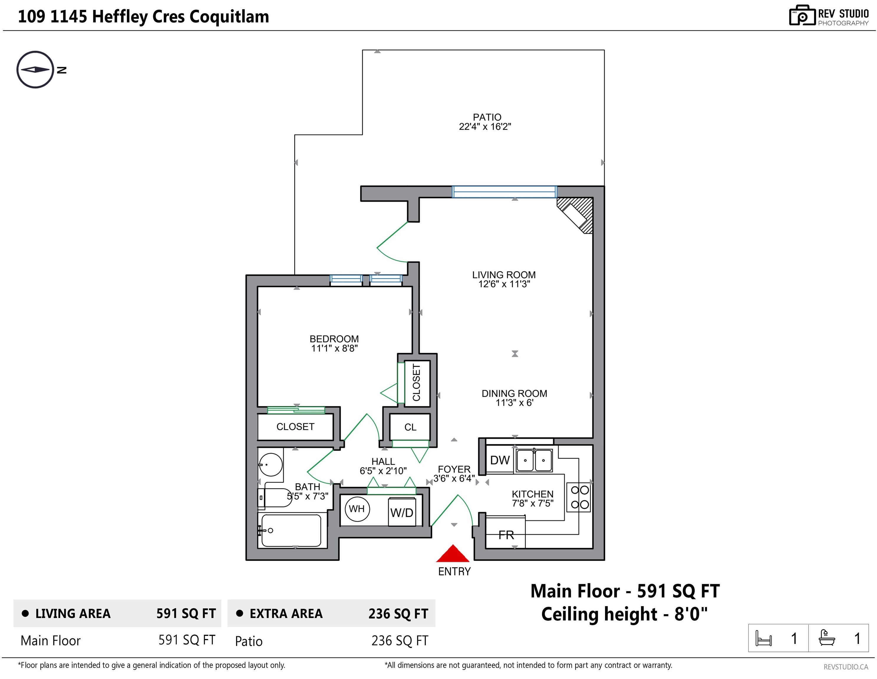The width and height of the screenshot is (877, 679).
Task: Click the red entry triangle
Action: (x=453, y=554)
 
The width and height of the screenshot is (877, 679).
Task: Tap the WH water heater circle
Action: (x=357, y=509)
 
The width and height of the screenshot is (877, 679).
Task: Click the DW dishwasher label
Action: (x=500, y=461)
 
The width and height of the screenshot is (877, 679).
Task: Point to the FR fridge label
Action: (x=506, y=535)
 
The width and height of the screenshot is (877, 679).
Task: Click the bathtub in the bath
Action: (x=291, y=530)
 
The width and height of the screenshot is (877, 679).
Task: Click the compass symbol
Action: (x=35, y=70)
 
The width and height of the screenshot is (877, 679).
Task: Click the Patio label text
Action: (x=487, y=117)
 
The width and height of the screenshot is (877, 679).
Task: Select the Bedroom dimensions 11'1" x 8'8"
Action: (x=334, y=349)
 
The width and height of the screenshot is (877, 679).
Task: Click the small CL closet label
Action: (x=411, y=427)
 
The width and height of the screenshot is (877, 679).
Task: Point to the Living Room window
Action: (x=504, y=192)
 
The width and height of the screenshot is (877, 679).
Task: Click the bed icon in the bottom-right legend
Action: (x=763, y=638)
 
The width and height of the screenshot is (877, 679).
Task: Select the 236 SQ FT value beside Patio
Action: (x=400, y=641)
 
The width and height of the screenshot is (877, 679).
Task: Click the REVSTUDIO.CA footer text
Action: (x=846, y=667)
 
